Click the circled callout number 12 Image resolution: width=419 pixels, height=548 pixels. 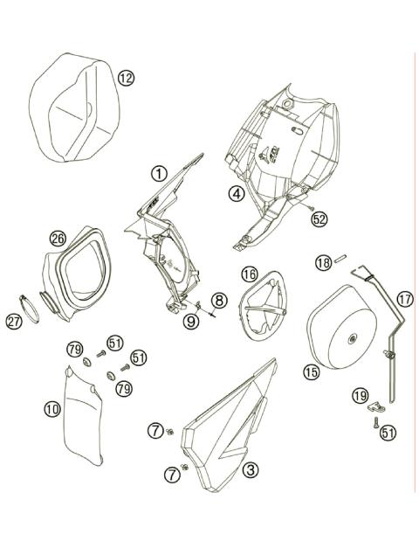coord(127,79)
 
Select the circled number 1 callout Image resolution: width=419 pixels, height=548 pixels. coord(158,173)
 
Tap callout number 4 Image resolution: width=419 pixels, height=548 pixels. coord(236,195)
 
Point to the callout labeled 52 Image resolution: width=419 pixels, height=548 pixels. coord(319,219)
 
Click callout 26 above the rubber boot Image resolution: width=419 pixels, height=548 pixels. coord(58,237)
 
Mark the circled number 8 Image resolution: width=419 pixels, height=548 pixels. coord(219,300)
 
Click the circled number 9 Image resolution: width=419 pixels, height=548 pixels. coord(190,322)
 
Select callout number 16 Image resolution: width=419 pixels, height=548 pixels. coord(249,274)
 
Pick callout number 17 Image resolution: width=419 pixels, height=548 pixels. coord(404,298)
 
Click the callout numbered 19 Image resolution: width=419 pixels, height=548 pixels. coord(358,396)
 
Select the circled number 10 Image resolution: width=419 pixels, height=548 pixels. coord(52,407)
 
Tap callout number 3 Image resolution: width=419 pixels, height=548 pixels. coord(251,470)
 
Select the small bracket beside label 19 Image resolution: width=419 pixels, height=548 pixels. coord(377,405)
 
